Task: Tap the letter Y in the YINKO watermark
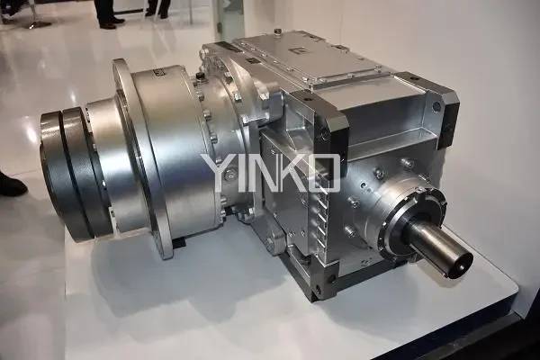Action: coord(219,173)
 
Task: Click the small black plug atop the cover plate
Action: coord(278,32)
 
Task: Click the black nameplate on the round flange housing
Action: coord(160,74)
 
